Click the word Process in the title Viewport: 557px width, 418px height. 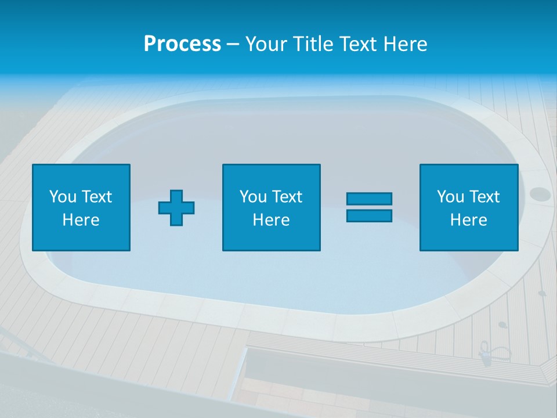182,44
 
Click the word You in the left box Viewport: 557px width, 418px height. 63,197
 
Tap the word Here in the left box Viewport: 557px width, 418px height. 81,220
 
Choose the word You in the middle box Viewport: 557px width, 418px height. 253,197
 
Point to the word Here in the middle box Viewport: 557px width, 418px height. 271,220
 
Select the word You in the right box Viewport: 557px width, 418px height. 450,197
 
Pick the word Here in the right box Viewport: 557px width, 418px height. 468,220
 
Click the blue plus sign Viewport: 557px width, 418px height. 176,207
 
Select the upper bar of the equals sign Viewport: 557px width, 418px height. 369,199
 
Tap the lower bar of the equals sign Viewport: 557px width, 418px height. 369,215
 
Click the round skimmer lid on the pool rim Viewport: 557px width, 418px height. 539,193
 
